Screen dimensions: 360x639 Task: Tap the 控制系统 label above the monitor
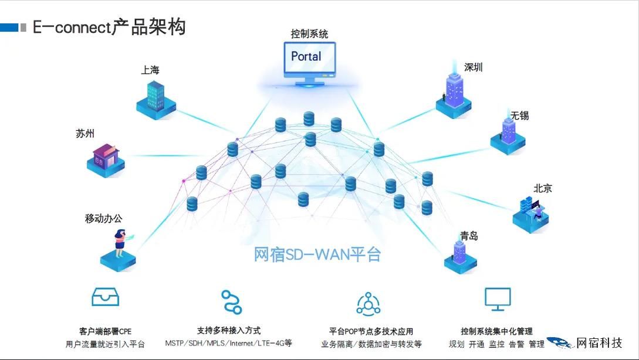309,34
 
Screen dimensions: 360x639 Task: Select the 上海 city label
150,70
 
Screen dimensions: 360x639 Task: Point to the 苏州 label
85,133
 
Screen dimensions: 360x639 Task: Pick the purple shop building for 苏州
106,157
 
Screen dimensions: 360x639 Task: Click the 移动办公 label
104,218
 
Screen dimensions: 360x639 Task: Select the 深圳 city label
473,67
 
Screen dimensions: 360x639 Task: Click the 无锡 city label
519,116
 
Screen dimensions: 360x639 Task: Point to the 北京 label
542,188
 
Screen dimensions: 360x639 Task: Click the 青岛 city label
469,236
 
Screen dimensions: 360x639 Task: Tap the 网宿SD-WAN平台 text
317,254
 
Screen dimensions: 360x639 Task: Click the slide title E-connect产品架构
109,27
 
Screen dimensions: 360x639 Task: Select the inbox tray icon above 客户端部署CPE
106,297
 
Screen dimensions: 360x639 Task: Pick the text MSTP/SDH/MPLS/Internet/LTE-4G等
228,344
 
